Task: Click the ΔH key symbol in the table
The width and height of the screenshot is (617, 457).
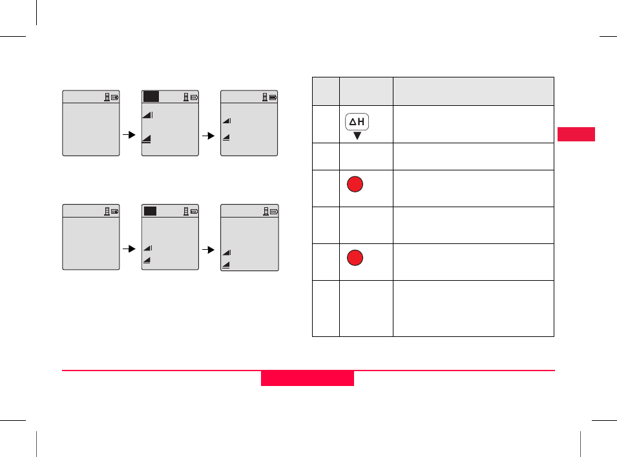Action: pos(357,123)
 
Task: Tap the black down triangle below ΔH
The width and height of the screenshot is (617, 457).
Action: pos(357,136)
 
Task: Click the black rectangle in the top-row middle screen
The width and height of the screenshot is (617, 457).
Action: pos(151,96)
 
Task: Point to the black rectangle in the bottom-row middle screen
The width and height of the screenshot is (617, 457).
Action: pos(150,211)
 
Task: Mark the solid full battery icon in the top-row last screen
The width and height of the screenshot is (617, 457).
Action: pos(273,97)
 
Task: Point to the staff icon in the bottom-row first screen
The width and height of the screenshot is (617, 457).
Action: pos(107,211)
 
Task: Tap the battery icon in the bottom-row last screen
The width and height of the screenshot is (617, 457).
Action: pos(273,211)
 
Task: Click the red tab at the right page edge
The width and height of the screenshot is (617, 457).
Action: pos(576,134)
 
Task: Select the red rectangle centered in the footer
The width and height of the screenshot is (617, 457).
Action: pos(308,378)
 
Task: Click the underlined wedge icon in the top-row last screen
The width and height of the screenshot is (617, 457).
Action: pos(227,137)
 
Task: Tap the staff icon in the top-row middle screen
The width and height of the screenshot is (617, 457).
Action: pos(186,97)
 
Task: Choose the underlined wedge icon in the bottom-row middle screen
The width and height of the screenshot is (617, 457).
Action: pos(147,259)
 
